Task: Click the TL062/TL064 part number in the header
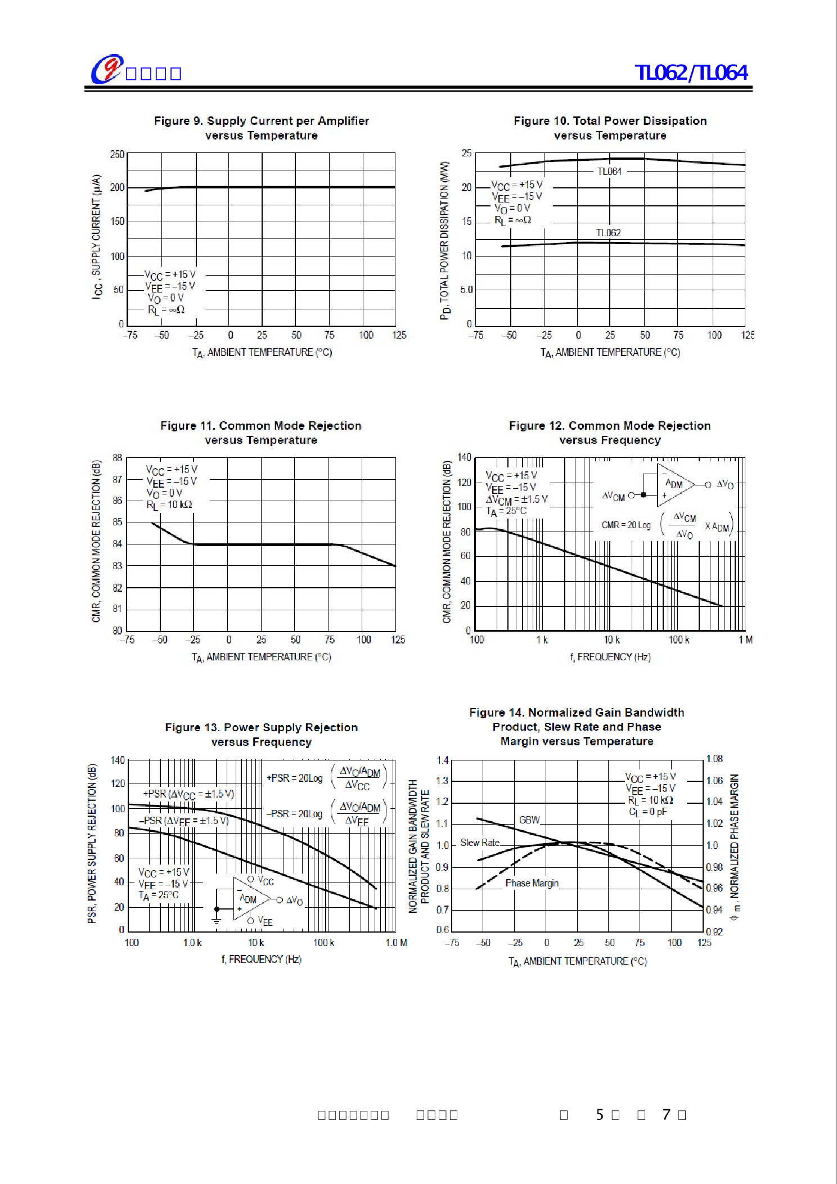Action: (x=691, y=73)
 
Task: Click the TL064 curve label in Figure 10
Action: (x=609, y=172)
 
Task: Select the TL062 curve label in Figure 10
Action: (x=608, y=233)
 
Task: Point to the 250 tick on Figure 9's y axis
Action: (x=117, y=155)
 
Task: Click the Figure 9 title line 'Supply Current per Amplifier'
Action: (x=262, y=121)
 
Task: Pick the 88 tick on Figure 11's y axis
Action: (x=117, y=458)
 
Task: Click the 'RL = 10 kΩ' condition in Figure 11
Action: (x=169, y=505)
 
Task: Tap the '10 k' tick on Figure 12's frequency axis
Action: (x=611, y=640)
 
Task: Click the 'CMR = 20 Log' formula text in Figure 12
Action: (x=626, y=525)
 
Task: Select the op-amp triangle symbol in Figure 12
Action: (x=674, y=484)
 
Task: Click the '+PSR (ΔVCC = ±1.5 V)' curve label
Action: (x=188, y=794)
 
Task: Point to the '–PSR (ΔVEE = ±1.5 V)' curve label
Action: (x=184, y=821)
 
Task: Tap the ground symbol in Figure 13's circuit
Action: (x=217, y=921)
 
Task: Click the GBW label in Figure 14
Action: (x=529, y=820)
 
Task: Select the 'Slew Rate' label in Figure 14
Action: (x=480, y=843)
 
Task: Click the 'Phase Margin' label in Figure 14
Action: (x=532, y=883)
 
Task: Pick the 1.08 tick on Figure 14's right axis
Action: (x=714, y=759)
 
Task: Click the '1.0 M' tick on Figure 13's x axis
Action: (x=396, y=943)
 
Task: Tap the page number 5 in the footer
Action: (x=600, y=1115)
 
